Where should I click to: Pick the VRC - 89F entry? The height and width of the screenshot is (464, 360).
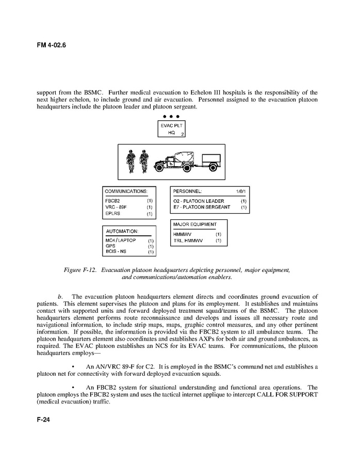coord(116,206)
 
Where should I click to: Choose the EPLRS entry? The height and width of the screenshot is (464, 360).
coord(113,213)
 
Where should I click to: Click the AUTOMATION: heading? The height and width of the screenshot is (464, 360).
coord(122,231)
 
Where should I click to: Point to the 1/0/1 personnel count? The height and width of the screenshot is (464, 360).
coord(240,191)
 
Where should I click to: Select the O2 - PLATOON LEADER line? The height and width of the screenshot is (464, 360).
coord(199,200)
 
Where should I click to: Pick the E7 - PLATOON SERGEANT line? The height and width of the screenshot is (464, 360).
coord(202,207)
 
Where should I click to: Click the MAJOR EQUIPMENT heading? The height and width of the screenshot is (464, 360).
coord(195,225)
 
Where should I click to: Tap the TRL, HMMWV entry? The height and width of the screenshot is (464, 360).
coord(188,241)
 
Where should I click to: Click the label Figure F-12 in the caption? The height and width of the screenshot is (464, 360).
coord(80,270)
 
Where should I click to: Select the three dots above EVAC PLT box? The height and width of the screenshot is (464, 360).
coord(171,116)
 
